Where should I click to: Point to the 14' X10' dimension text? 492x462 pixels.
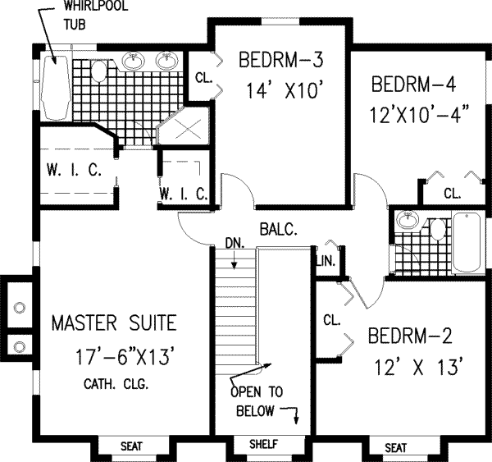click(279, 92)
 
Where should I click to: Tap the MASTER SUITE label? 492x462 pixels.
click(113, 321)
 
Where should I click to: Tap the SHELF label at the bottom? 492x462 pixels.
click(263, 445)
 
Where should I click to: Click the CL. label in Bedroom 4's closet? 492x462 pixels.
click(452, 194)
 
